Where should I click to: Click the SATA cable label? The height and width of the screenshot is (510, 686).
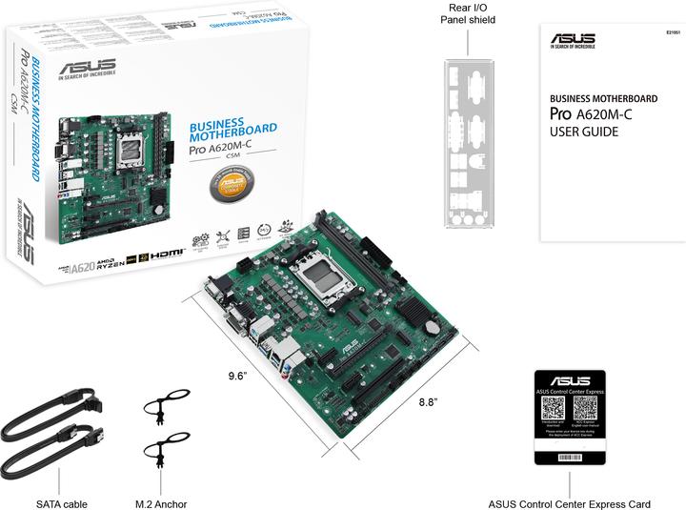pos(62,503)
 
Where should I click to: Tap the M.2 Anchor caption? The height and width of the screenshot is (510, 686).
pos(161,503)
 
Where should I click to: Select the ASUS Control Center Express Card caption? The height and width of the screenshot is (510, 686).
pos(569,503)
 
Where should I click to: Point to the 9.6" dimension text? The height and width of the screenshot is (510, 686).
pos(237,376)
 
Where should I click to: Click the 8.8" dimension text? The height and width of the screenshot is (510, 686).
pos(428,402)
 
